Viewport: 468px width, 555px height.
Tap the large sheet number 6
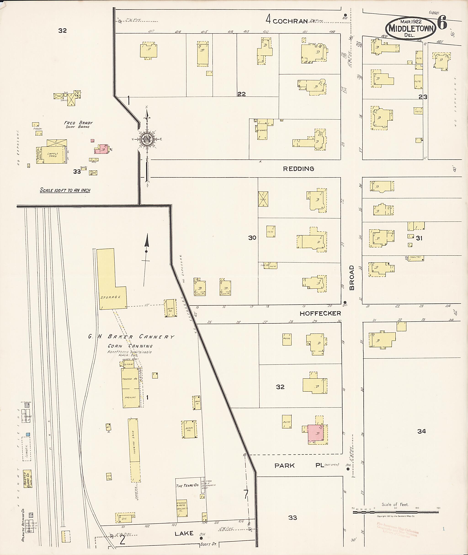click(x=442, y=23)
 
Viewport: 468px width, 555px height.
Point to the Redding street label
click(x=298, y=169)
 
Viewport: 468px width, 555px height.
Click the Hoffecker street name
click(x=320, y=313)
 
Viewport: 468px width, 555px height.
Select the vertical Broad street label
click(x=351, y=278)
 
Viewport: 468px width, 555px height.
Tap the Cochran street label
click(x=290, y=21)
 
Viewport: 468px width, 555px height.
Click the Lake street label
click(x=184, y=533)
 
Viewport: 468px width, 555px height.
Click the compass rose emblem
click(x=146, y=138)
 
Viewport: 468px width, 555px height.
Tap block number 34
click(x=421, y=431)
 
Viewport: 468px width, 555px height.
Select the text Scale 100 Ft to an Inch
click(x=65, y=190)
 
